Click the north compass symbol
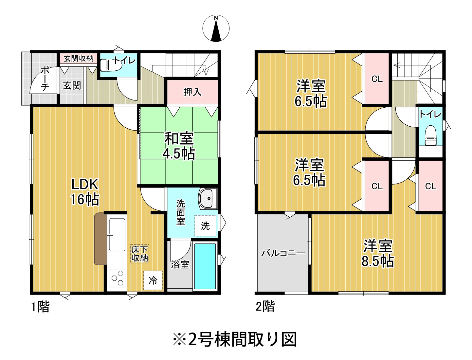(216, 28)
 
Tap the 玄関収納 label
(79, 59)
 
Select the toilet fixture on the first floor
(110, 65)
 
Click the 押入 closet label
(192, 92)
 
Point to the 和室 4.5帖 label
(179, 146)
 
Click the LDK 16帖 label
(85, 192)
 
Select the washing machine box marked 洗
(205, 226)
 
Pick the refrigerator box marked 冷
(153, 280)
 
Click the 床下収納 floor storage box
(140, 254)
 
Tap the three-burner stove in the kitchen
(117, 278)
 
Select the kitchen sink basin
(117, 235)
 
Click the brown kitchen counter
(100, 239)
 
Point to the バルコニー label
(283, 253)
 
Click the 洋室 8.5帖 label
(378, 254)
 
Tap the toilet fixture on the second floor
(430, 135)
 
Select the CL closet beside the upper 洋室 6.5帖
(377, 79)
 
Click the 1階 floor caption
(41, 307)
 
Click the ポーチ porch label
(45, 79)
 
